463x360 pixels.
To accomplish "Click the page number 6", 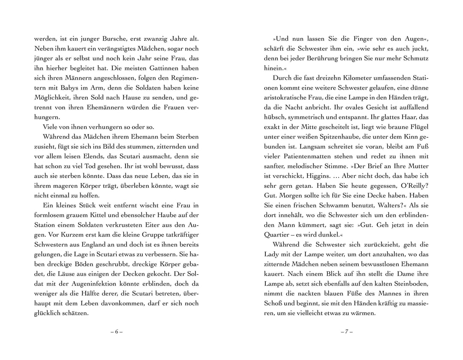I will [x=116, y=332].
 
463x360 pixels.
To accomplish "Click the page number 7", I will [x=346, y=332].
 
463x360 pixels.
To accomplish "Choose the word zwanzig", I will [x=153, y=38].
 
